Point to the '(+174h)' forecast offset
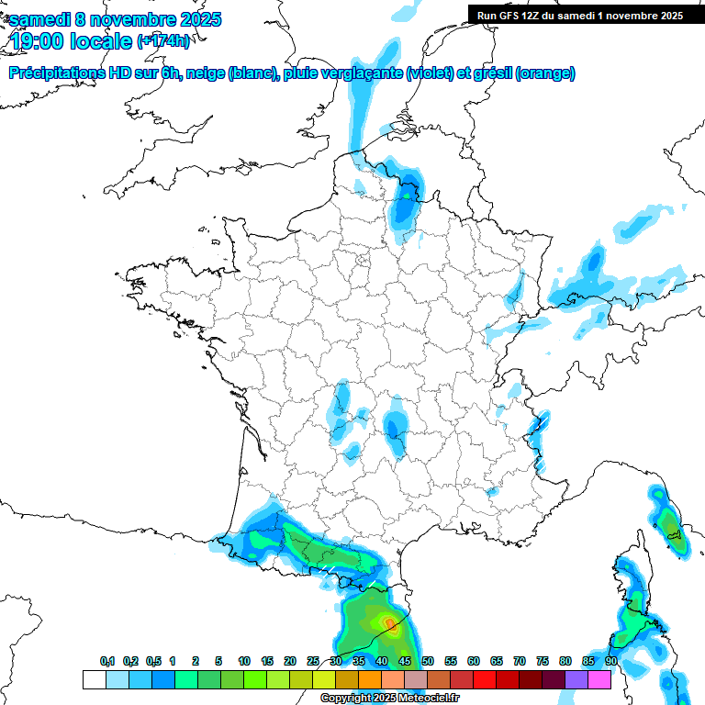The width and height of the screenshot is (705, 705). (163, 41)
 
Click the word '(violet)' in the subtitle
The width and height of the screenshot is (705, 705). (429, 73)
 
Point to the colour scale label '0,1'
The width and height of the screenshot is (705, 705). (107, 661)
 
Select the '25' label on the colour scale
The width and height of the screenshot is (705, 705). (313, 661)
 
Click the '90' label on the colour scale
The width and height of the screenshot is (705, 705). (610, 661)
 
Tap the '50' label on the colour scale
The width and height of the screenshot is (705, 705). (428, 661)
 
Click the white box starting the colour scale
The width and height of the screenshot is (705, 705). (94, 679)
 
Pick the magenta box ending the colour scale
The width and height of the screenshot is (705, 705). (599, 679)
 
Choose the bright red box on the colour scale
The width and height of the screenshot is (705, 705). (485, 679)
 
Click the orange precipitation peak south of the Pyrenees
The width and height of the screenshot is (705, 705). (391, 626)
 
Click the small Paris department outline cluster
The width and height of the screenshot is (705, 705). (363, 261)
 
